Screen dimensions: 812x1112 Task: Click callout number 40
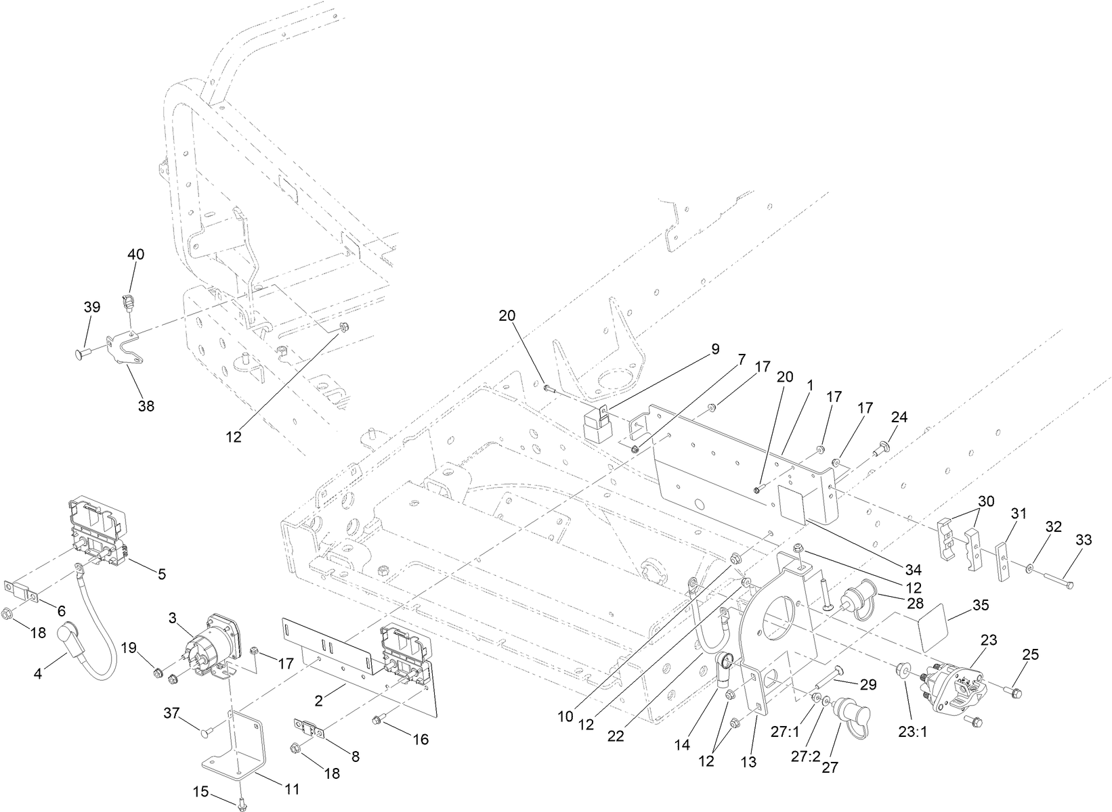pos(136,254)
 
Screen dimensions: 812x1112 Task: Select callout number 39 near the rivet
pos(92,307)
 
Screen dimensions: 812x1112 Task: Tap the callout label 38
pos(146,406)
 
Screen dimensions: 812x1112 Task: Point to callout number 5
pos(162,574)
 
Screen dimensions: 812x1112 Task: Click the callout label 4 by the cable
pos(38,674)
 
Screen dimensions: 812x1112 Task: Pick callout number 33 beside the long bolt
pos(1084,540)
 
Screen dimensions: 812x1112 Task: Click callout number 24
pos(899,417)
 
